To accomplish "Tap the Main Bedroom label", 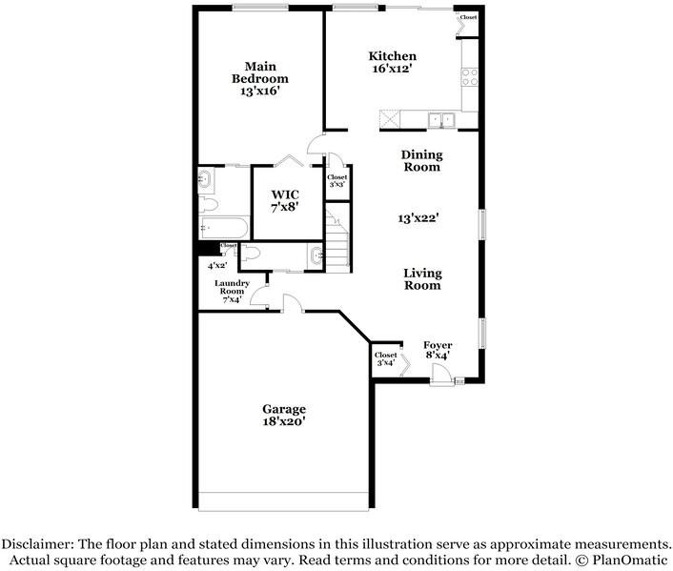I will pos(260,78).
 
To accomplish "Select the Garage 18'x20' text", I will pos(284,415).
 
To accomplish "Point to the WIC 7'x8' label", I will pos(285,200).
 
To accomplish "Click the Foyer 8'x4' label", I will pos(438,350).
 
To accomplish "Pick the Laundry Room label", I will pos(231,291).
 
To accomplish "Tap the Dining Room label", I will pos(420,160).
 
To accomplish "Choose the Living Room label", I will pos(422,278).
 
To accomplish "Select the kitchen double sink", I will pos(440,119).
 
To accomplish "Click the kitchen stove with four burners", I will pos(469,75).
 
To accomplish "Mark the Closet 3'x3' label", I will pos(337,180).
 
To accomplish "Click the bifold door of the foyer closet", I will pos(404,364).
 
